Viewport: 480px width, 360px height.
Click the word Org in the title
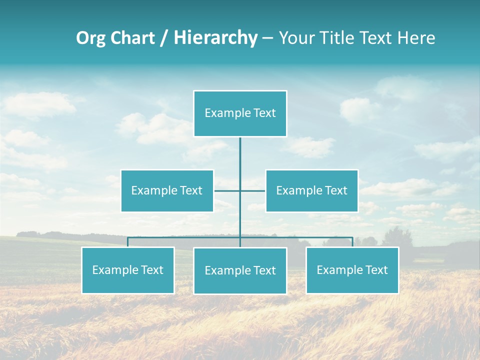point(90,38)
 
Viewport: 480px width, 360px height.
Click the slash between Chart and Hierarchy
point(164,38)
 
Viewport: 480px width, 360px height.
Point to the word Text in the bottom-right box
point(376,270)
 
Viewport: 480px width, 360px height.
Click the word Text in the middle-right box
point(335,190)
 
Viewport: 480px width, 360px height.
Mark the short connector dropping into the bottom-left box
point(127,242)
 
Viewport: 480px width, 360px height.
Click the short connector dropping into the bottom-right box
point(352,242)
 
